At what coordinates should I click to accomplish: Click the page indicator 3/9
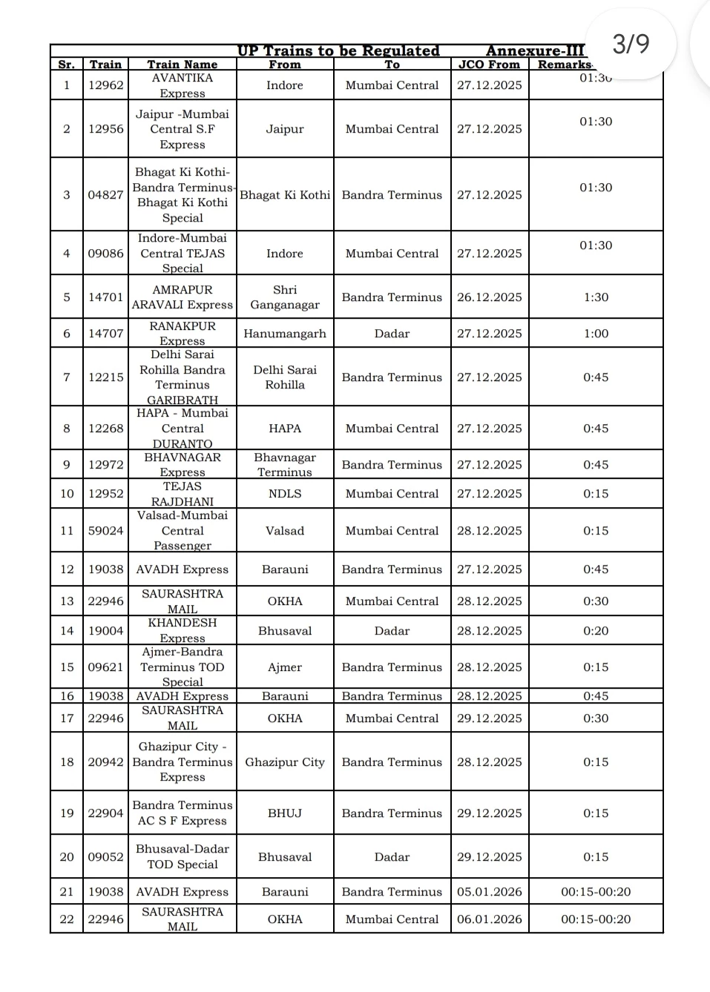pos(631,44)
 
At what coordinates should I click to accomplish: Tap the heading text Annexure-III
pos(535,51)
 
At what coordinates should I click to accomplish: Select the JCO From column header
pos(489,65)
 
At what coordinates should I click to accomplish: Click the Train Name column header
pos(182,65)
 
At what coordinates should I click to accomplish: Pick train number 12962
pos(105,85)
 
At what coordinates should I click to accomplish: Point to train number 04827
pos(105,195)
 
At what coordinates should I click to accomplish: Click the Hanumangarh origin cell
pos(285,334)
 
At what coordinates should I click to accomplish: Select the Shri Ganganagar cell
pos(285,297)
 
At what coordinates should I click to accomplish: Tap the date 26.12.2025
pos(489,297)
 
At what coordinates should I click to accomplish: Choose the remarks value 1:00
pos(596,334)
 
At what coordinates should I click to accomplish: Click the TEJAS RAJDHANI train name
pos(182,494)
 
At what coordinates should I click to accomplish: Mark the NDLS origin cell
pos(285,494)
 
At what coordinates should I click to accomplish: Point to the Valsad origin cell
pos(285,531)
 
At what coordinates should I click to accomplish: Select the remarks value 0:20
pos(596,631)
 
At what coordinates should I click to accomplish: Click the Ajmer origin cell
pos(285,667)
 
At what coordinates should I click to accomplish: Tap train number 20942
pos(105,762)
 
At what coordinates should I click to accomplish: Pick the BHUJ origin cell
pos(285,813)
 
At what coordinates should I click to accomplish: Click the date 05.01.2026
pos(489,892)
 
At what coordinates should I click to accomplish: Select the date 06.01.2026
pos(489,919)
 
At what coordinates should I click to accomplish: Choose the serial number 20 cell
pos(67,857)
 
